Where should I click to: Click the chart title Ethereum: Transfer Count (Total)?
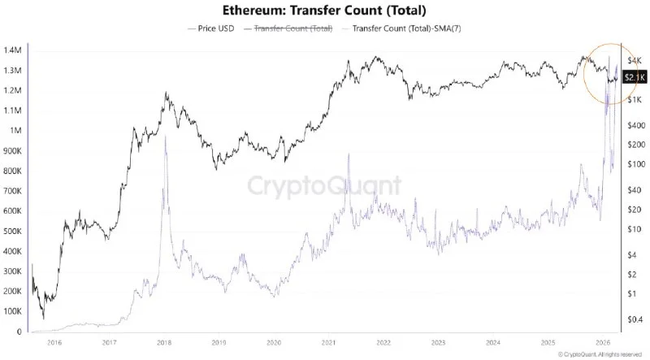324,11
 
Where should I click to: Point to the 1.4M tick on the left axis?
12,50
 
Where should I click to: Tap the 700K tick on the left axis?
12,191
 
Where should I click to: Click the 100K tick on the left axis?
12,311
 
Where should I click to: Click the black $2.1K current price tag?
634,77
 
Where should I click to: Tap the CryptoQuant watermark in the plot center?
323,186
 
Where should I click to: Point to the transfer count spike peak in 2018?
165,137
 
